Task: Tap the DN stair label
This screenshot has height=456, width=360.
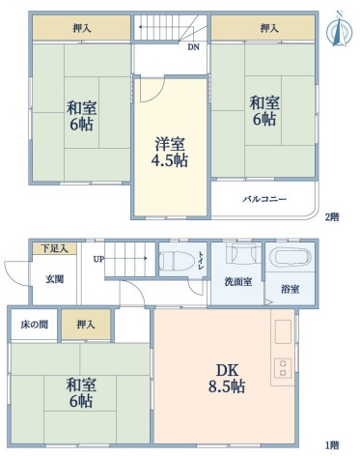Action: click(194, 47)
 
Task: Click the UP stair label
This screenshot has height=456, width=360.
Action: click(98, 259)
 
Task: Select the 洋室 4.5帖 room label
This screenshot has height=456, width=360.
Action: click(170, 152)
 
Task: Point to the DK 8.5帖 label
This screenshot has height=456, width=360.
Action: click(227, 379)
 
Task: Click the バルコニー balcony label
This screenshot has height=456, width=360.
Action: click(264, 199)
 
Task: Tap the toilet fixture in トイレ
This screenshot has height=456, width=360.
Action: click(177, 261)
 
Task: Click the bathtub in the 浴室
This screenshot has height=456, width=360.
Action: click(290, 257)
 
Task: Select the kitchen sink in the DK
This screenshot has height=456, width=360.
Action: click(283, 331)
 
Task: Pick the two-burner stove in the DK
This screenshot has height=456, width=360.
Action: click(283, 368)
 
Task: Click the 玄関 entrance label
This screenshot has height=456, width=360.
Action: click(54, 279)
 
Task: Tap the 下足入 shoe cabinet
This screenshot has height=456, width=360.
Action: click(55, 248)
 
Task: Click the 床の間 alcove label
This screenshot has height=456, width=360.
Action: click(35, 325)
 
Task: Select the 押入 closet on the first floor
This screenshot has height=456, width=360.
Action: click(86, 325)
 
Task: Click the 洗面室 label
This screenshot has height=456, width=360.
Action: click(238, 282)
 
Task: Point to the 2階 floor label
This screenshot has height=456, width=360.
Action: click(332, 217)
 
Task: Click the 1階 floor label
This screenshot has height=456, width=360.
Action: click(332, 445)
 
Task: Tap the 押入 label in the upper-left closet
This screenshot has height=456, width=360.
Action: click(82, 29)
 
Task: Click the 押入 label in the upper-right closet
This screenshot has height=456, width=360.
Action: click(269, 29)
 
